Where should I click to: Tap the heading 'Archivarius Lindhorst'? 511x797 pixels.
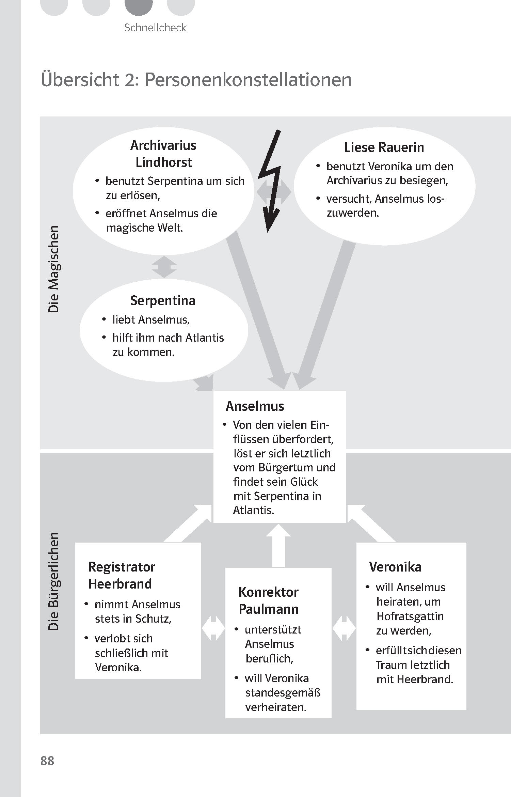[x=163, y=154]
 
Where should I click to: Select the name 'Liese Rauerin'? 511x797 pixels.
[x=384, y=147]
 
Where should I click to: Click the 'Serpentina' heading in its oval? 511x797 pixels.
[x=163, y=300]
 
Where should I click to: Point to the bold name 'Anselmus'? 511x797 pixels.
[x=255, y=406]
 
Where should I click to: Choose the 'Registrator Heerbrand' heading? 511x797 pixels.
[x=122, y=575]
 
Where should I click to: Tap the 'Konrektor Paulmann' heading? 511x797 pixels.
[x=269, y=600]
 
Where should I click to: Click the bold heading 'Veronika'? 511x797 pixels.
[x=395, y=567]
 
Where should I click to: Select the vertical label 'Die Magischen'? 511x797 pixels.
[x=54, y=269]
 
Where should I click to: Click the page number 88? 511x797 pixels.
[x=47, y=761]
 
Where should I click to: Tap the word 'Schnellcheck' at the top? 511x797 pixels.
[x=155, y=28]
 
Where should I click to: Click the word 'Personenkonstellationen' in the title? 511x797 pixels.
[x=248, y=80]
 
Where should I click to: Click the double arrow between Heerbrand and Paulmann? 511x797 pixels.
[x=213, y=628]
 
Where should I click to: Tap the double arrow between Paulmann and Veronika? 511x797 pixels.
[x=344, y=628]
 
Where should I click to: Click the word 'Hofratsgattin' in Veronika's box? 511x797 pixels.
[x=410, y=616]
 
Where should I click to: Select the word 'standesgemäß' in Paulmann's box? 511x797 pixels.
[x=283, y=692]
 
